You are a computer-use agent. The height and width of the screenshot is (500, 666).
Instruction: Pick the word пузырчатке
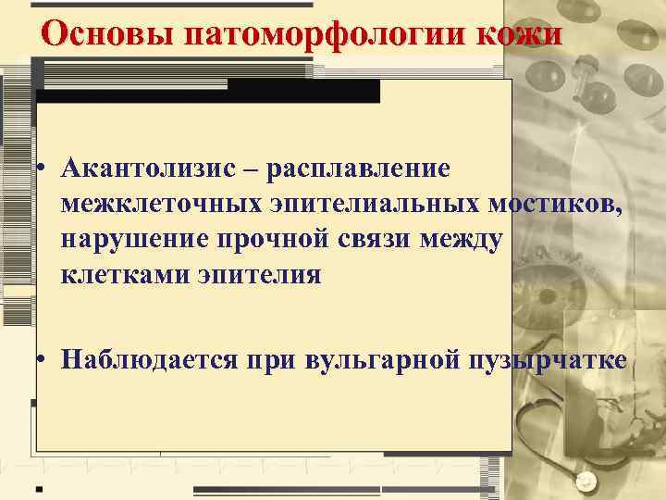[x=545, y=359]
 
